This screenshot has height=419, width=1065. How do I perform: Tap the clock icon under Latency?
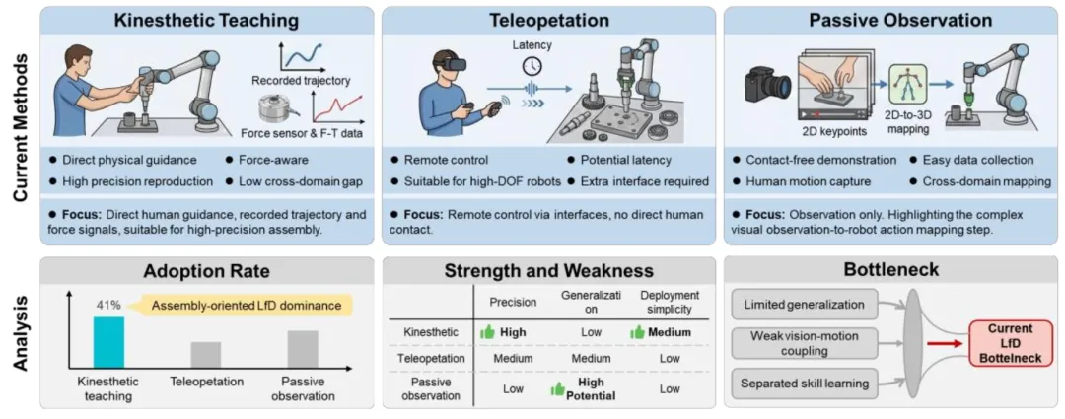pos(532,66)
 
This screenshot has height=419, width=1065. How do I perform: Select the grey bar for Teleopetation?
pos(205,354)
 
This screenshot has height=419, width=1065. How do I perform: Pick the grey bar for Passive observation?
pos(303,348)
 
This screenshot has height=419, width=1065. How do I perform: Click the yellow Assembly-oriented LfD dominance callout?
pos(251,307)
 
